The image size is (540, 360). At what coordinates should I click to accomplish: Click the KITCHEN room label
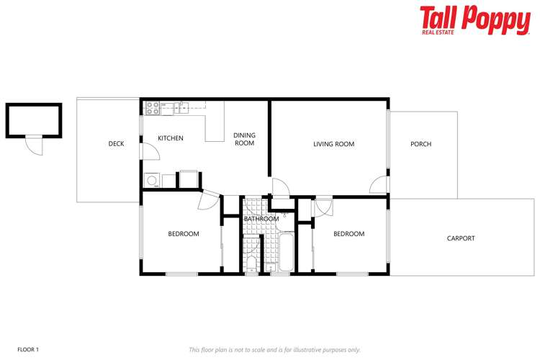point(171,138)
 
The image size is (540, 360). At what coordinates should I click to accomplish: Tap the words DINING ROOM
point(244,139)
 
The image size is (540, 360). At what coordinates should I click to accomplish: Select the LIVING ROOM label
point(333,144)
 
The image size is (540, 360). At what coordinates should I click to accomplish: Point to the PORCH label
point(420,144)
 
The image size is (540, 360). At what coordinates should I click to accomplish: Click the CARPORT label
point(461,238)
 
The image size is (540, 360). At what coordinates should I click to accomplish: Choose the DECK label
point(116,144)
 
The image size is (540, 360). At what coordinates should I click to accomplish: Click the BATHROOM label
point(261,219)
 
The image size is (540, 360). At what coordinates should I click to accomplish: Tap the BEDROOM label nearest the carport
point(348,234)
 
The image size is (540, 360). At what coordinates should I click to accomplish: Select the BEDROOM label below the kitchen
point(184,234)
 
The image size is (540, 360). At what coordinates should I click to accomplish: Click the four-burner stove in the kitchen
point(153,108)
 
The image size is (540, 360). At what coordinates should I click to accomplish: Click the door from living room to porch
point(379,185)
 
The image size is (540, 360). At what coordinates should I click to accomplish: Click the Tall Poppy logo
point(474,19)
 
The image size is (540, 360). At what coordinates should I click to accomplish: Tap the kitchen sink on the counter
point(181,108)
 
